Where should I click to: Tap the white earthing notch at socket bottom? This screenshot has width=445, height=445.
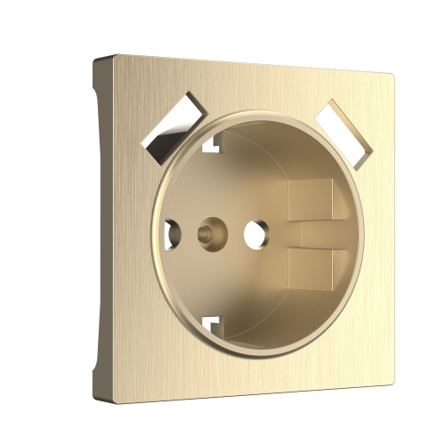point(210,323)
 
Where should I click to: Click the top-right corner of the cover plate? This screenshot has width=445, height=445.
point(392,73)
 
